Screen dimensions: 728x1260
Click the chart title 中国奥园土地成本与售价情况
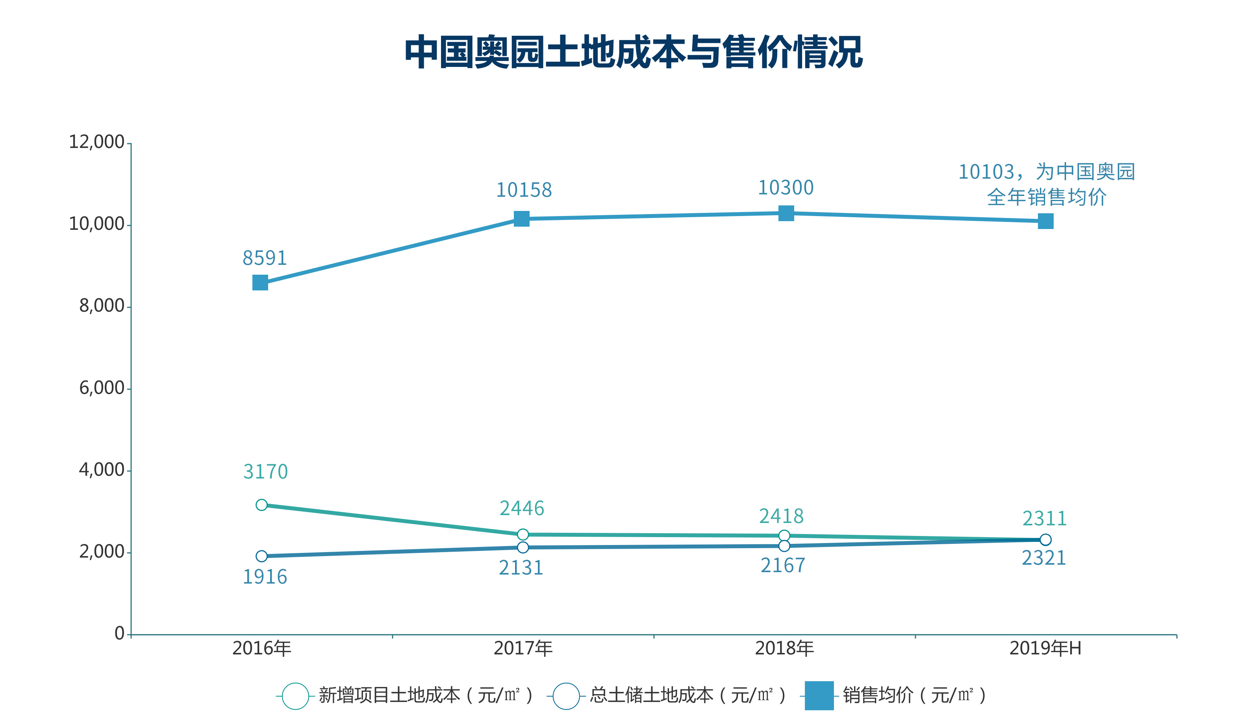click(x=634, y=52)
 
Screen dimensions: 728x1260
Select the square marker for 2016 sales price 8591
click(x=260, y=283)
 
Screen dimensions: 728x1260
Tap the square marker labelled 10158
click(x=521, y=219)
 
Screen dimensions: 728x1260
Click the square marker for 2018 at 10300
click(x=786, y=213)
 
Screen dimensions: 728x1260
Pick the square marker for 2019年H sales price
click(x=1045, y=221)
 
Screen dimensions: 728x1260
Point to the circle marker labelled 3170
click(x=261, y=505)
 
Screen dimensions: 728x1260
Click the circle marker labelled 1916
click(x=261, y=556)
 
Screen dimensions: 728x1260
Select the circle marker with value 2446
click(x=523, y=535)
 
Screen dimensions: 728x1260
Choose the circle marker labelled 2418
click(x=784, y=536)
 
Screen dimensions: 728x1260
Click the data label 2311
click(x=1045, y=519)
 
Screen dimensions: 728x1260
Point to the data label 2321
click(x=1043, y=558)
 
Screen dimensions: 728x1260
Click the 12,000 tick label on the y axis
click(x=96, y=142)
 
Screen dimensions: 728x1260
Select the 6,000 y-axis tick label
click(x=102, y=388)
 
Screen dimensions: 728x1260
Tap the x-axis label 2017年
click(x=523, y=649)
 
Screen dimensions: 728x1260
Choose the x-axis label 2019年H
click(x=1045, y=649)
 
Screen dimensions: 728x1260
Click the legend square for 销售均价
click(x=819, y=695)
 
